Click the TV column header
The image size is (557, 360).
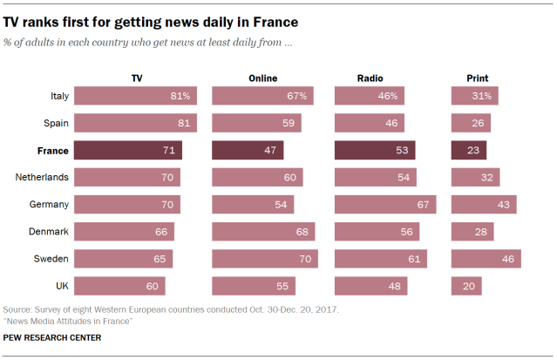[x=137, y=78]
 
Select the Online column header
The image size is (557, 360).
[x=262, y=78]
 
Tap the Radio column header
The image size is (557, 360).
[x=370, y=78]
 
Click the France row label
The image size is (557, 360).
[x=52, y=151]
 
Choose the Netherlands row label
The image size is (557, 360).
[x=43, y=178]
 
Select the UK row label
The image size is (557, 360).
[x=61, y=286]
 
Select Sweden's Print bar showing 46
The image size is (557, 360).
[x=486, y=259]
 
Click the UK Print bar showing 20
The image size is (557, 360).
[x=466, y=286]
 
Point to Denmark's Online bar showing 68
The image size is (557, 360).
[x=263, y=232]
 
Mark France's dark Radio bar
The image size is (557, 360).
[x=376, y=151]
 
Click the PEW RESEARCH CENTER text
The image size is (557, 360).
[x=52, y=337]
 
